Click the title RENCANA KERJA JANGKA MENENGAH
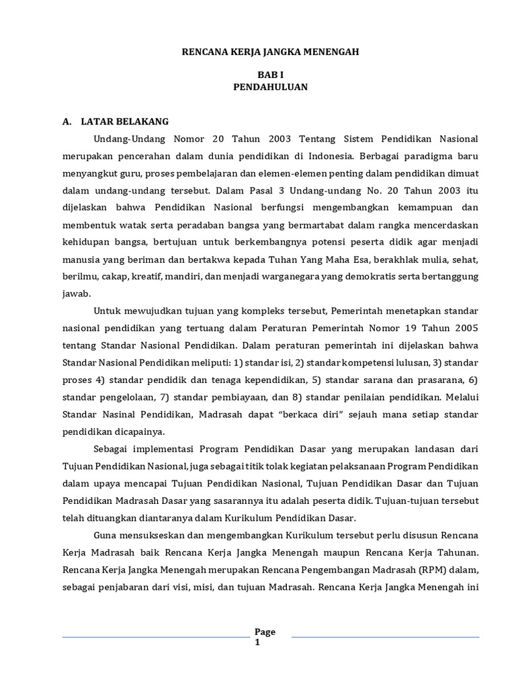[x=271, y=52]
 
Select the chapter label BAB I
[x=270, y=75]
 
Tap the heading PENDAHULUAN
[x=271, y=87]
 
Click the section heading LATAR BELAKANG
[x=125, y=122]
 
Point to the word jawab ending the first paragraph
[x=76, y=294]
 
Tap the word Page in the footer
[x=265, y=632]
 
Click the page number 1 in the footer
[x=257, y=642]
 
